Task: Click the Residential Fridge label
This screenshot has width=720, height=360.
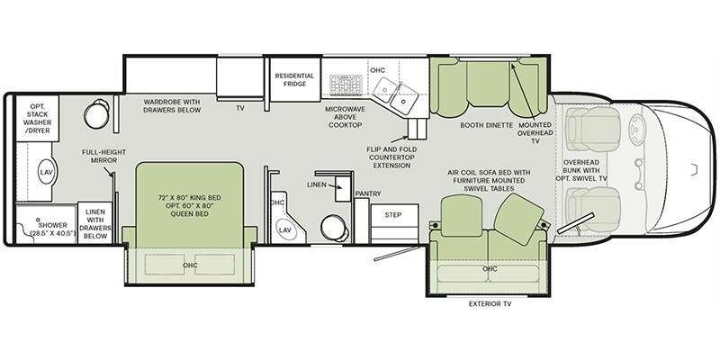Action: (x=295, y=79)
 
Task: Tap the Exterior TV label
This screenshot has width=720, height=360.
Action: (x=490, y=303)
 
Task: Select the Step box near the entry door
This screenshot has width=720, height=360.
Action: (x=394, y=223)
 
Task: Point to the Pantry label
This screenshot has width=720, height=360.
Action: (x=368, y=193)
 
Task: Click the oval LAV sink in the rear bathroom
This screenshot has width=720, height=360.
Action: (x=47, y=172)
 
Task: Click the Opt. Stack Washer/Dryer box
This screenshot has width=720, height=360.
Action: (x=38, y=118)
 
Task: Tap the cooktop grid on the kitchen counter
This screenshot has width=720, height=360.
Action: (x=346, y=85)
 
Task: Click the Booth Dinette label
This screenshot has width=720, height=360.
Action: (x=486, y=125)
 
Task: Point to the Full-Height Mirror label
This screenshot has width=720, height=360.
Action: (x=103, y=156)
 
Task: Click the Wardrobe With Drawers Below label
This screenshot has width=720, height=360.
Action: (x=172, y=105)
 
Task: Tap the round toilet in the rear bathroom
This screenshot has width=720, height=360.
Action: (x=97, y=114)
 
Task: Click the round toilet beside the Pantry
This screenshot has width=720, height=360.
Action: (x=334, y=229)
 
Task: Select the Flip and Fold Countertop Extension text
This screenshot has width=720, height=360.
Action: (x=391, y=157)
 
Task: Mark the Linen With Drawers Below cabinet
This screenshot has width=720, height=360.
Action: (x=95, y=223)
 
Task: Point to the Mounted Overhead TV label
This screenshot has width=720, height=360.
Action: (x=535, y=132)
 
